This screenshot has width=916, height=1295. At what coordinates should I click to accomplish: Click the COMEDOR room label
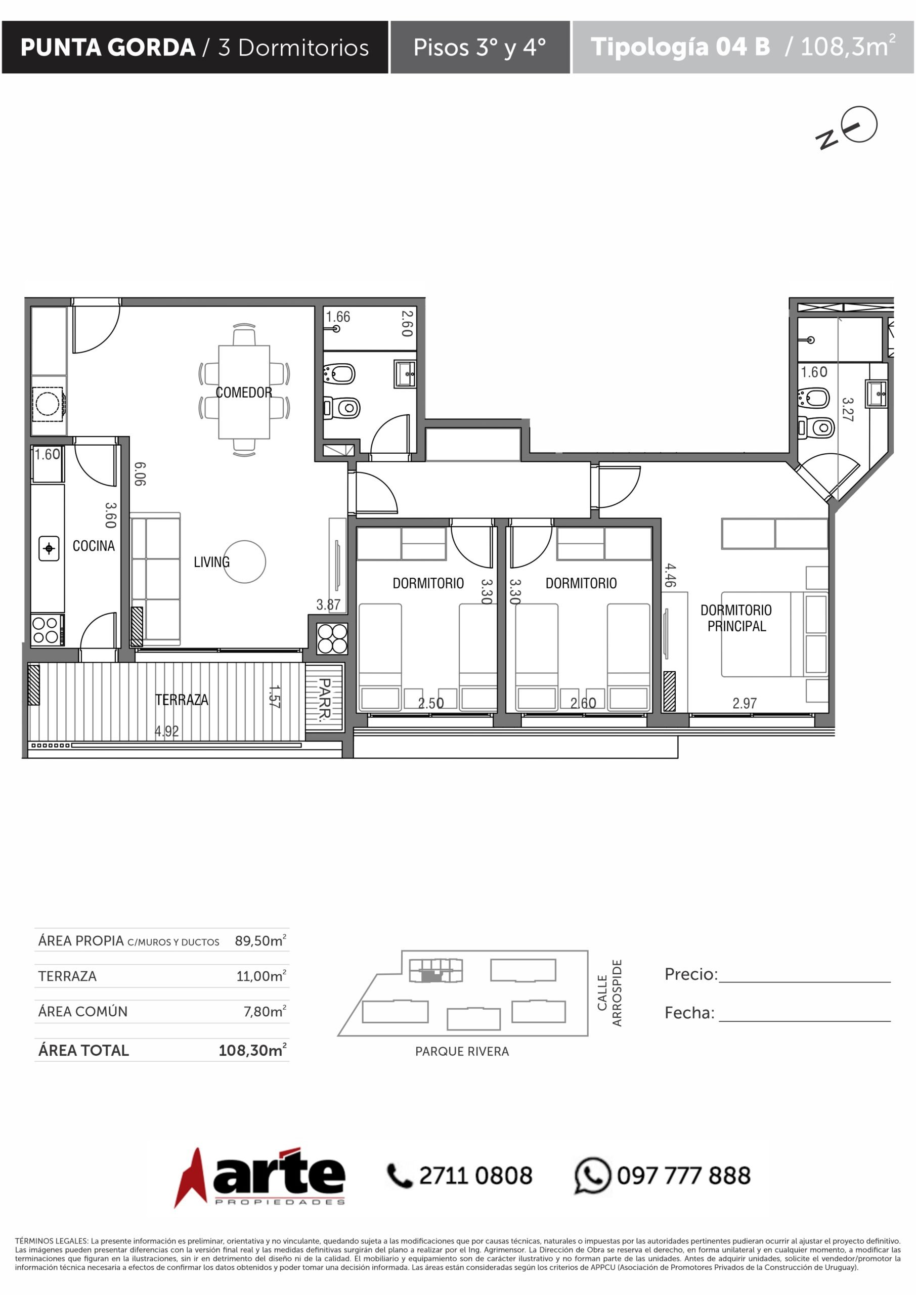click(x=244, y=393)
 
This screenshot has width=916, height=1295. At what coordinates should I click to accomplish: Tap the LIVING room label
click(x=211, y=562)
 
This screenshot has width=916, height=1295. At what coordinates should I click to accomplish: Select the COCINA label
click(x=94, y=546)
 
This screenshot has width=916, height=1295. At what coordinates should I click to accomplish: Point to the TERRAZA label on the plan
click(x=182, y=700)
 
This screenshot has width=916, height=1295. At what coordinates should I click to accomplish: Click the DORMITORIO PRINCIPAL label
click(x=736, y=618)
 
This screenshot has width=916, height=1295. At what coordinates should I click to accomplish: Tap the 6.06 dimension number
click(x=140, y=474)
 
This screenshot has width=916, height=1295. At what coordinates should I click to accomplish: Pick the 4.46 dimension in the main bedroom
click(x=670, y=575)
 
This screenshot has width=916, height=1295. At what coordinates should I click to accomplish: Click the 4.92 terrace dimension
click(x=167, y=731)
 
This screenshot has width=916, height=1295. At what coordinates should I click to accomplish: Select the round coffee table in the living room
click(x=245, y=562)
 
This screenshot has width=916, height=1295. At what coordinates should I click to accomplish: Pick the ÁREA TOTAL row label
click(x=83, y=1050)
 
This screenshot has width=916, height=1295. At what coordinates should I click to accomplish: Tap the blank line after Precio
click(x=805, y=982)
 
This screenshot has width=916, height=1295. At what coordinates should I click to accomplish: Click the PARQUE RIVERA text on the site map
click(x=462, y=1051)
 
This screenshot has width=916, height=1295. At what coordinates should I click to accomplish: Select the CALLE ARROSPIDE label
click(x=609, y=993)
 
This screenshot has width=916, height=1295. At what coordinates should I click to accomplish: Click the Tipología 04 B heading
click(x=680, y=47)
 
